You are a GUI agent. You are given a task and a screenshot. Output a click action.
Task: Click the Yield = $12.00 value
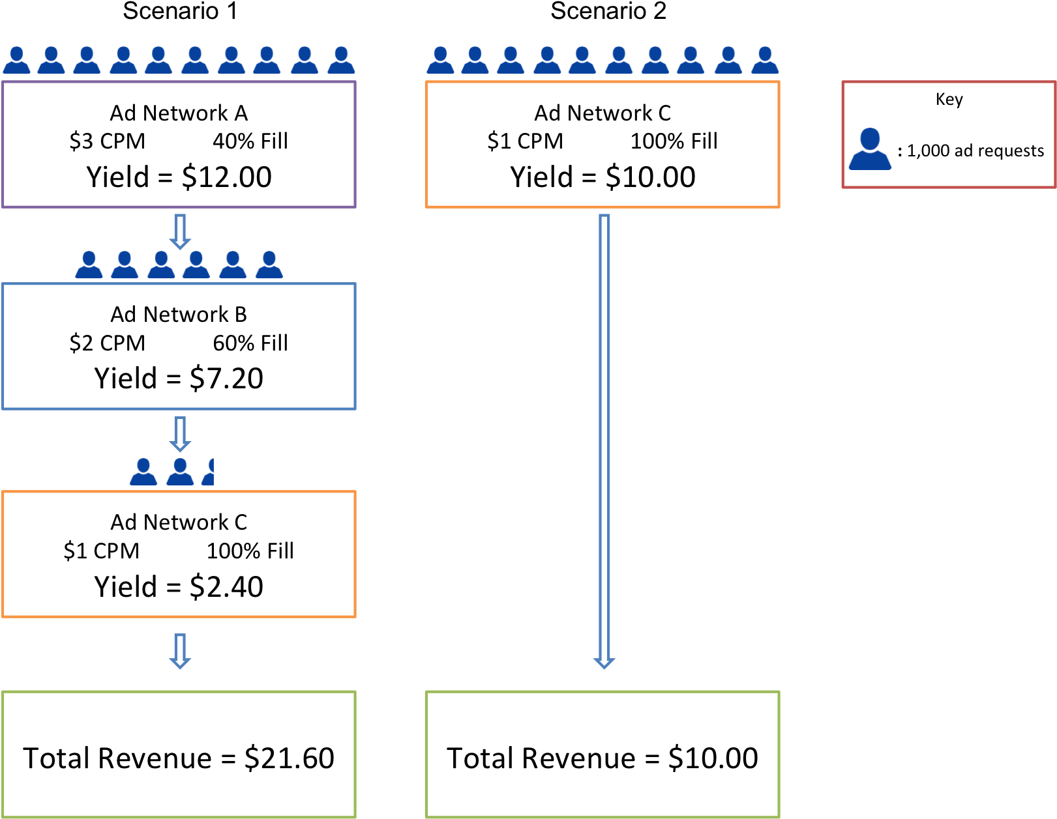[179, 177]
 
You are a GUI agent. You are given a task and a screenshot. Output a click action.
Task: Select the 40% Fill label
[250, 141]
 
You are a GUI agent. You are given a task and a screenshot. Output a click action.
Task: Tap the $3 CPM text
[107, 141]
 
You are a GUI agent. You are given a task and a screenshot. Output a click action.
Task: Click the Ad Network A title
[179, 113]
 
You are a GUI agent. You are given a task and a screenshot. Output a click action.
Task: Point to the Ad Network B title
[179, 315]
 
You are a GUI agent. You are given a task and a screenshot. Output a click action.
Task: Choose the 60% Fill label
[250, 343]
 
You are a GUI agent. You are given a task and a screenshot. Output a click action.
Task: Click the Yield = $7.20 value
[179, 379]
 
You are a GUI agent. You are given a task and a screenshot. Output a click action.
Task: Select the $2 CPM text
[107, 343]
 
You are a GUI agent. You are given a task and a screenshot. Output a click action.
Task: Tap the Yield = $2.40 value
[179, 587]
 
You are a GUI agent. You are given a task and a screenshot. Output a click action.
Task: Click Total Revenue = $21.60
[179, 758]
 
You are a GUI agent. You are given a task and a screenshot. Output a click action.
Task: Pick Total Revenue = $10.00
[602, 758]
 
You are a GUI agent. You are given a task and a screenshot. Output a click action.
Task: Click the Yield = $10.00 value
[602, 177]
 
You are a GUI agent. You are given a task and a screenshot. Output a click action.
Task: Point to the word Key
[949, 100]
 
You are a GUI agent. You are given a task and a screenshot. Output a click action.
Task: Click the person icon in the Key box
[870, 150]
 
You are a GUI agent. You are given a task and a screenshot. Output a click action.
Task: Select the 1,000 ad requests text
[975, 151]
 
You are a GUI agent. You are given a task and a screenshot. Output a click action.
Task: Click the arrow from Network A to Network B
[180, 231]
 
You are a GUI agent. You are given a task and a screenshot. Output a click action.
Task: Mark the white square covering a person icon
[229, 468]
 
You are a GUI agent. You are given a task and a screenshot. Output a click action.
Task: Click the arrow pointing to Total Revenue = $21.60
[180, 651]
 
